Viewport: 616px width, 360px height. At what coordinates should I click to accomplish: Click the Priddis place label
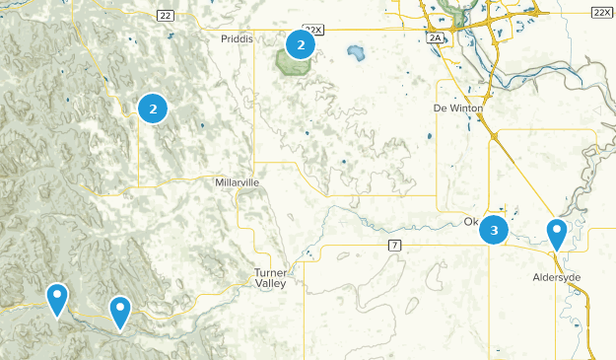pyautogui.click(x=234, y=36)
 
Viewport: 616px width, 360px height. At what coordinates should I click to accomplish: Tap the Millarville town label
pyautogui.click(x=237, y=182)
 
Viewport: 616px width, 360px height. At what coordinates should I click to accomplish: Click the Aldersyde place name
pyautogui.click(x=556, y=277)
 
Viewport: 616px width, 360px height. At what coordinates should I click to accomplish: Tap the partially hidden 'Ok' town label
pyautogui.click(x=471, y=222)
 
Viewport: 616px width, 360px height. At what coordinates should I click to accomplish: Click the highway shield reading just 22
pyautogui.click(x=165, y=15)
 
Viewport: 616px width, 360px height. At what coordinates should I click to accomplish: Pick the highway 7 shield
pyautogui.click(x=393, y=245)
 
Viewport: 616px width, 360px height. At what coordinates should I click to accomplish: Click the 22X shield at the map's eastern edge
pyautogui.click(x=602, y=12)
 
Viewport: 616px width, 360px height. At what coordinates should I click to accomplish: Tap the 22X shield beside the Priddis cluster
pyautogui.click(x=313, y=31)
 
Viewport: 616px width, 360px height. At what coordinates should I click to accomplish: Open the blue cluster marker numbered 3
pyautogui.click(x=494, y=232)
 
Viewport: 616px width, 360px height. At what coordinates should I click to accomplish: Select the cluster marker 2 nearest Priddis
pyautogui.click(x=300, y=44)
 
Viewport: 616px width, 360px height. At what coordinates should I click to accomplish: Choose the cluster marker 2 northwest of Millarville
pyautogui.click(x=153, y=108)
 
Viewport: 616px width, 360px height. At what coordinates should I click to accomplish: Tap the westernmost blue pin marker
pyautogui.click(x=58, y=298)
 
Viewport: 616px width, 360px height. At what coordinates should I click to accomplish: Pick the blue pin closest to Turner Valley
pyautogui.click(x=120, y=312)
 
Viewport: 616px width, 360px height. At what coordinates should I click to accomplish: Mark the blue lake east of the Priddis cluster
pyautogui.click(x=354, y=51)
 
